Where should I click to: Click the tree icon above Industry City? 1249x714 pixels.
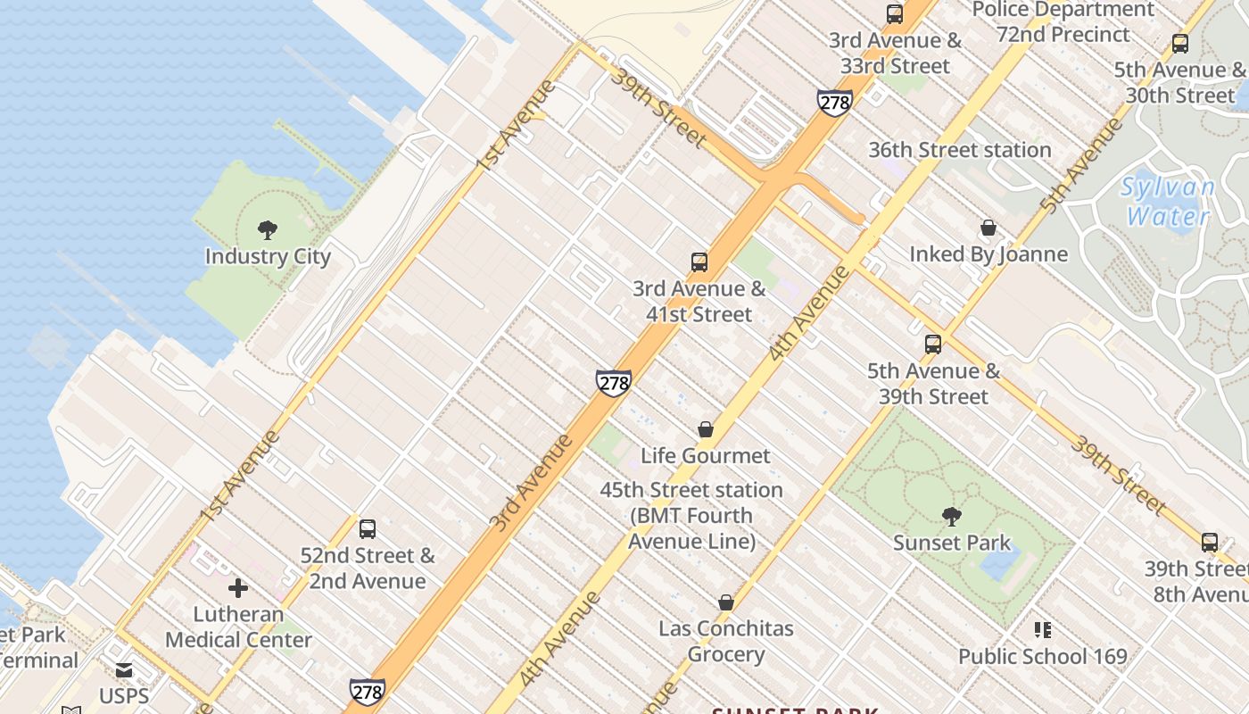[x=267, y=230]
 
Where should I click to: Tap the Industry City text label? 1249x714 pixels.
[x=268, y=257]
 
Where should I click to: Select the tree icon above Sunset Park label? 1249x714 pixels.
[x=952, y=516]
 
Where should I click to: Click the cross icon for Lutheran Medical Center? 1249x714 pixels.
[x=237, y=588]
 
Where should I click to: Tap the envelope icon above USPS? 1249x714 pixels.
[x=124, y=669]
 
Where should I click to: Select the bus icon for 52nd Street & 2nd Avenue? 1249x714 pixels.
[x=367, y=528]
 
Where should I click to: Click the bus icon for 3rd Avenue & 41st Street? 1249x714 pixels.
[x=699, y=262]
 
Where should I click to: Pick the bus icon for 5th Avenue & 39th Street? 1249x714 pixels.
[x=933, y=344]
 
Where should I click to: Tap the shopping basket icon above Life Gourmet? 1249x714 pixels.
[x=705, y=429]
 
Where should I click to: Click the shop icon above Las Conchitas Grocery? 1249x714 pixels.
[x=726, y=602]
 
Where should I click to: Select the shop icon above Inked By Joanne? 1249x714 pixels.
[x=988, y=228]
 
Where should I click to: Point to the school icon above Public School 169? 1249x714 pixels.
[x=1042, y=630]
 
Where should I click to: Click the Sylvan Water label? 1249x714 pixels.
[x=1168, y=202]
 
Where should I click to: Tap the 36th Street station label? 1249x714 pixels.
[x=960, y=150]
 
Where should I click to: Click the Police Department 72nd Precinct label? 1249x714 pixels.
[x=1063, y=22]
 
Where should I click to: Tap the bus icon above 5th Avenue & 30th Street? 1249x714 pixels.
[x=1179, y=43]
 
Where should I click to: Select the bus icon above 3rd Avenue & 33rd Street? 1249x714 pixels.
[x=894, y=14]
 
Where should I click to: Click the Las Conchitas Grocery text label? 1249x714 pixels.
[x=726, y=641]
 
